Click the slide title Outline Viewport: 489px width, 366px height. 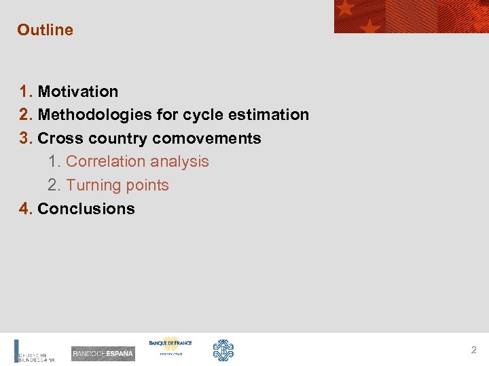pyautogui.click(x=45, y=30)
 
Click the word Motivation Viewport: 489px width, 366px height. pyautogui.click(x=77, y=91)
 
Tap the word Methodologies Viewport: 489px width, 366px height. pyautogui.click(x=95, y=115)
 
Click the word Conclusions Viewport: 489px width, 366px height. pyautogui.click(x=86, y=209)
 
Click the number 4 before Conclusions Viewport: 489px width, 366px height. pyautogui.click(x=25, y=209)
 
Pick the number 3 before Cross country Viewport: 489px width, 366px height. pyautogui.click(x=25, y=138)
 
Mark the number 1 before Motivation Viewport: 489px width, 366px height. pyautogui.click(x=25, y=91)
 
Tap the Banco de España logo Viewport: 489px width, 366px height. pyautogui.click(x=103, y=353)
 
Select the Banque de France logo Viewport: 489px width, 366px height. pyautogui.click(x=170, y=346)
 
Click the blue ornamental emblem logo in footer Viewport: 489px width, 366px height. pyautogui.click(x=223, y=350)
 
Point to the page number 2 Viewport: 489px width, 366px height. pyautogui.click(x=473, y=350)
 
